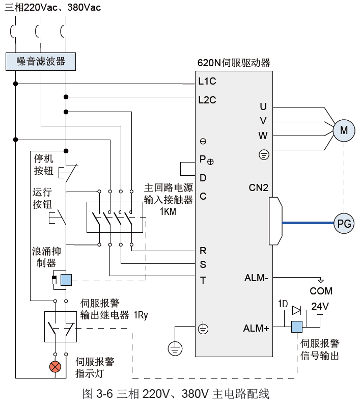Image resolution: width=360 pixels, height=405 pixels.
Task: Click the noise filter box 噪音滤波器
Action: [41, 62]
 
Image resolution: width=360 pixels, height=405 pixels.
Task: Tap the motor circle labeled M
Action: [344, 130]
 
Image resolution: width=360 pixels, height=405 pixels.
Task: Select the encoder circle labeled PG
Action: [344, 223]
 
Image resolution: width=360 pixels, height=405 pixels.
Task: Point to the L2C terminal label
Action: [207, 100]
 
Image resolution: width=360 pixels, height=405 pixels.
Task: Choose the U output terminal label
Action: [263, 106]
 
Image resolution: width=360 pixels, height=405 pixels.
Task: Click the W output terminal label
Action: [263, 136]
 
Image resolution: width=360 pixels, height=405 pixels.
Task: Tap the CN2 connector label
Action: [259, 187]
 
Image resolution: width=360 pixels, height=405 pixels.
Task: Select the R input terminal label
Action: [203, 251]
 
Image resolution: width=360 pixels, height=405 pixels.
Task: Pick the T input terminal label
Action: [203, 280]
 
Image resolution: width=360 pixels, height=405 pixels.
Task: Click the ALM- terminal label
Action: [257, 278]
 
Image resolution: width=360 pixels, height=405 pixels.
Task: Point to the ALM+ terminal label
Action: [256, 329]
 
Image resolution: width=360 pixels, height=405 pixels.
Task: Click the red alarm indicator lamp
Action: [54, 366]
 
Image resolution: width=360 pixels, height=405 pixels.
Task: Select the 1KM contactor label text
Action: [168, 211]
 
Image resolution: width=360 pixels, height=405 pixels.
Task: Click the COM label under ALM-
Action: [321, 291]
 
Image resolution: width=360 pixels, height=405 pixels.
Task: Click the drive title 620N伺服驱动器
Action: [234, 64]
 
